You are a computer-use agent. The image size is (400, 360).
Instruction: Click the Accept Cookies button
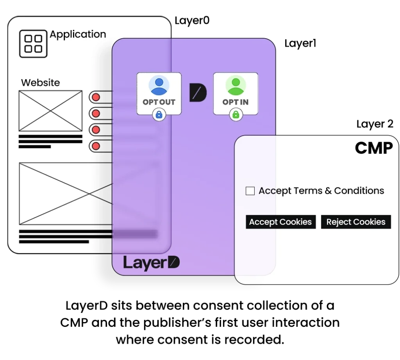point(280,222)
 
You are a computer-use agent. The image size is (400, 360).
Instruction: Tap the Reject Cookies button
point(356,222)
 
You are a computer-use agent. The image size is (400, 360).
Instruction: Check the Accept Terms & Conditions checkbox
point(250,191)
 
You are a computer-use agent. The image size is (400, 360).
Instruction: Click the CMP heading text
point(373,148)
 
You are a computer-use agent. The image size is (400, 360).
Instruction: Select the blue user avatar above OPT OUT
point(159,86)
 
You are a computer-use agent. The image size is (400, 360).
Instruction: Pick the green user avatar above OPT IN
point(236,86)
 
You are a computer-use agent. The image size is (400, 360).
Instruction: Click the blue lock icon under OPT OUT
point(159,115)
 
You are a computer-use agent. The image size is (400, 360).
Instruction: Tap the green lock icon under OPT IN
point(236,115)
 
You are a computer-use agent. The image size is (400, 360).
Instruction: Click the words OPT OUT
point(159,102)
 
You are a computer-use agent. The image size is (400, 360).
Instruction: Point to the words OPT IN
point(236,102)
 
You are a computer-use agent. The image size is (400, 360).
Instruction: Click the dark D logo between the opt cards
point(198,93)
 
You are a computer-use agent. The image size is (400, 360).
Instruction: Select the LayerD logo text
point(151,263)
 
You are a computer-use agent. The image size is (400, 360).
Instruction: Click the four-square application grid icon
point(33,44)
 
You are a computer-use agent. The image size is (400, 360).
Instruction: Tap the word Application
point(78,34)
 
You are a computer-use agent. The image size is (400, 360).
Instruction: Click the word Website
point(41,83)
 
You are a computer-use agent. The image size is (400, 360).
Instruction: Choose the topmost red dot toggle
point(96,97)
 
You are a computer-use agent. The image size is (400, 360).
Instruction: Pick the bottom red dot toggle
point(96,146)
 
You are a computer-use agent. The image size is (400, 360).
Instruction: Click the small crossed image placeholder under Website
point(50,111)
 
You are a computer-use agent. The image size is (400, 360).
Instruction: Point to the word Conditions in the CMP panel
point(359,191)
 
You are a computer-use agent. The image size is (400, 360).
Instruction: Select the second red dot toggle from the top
point(96,114)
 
